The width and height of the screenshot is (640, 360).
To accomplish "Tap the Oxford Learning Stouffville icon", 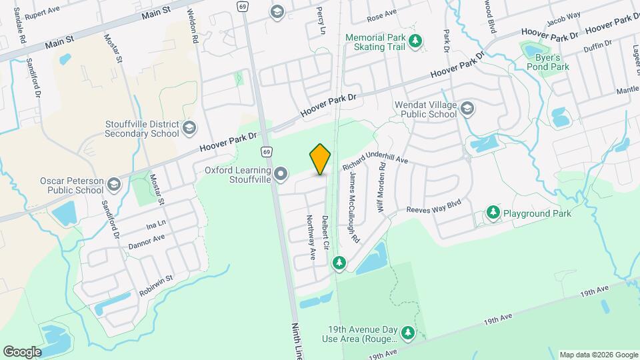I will pos(281,175).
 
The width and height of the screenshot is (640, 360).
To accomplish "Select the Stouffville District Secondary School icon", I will pos(189,128).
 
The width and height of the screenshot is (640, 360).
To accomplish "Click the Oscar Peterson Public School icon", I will pos(114,185).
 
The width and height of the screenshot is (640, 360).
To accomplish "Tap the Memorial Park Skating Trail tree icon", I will pos(415,41).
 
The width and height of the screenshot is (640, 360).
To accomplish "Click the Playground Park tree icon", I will pos(493,213).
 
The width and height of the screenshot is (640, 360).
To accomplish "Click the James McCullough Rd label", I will pos(354,207).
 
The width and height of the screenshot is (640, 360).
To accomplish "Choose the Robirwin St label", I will pos(156,286).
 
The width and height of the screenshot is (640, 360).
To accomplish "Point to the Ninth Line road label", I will pos(297,341).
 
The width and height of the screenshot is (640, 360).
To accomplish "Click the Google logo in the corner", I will pos(22,352).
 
